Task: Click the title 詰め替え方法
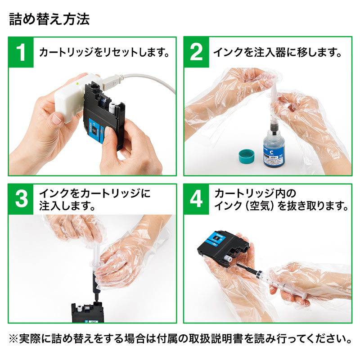point(49,20)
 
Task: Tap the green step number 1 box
point(22,53)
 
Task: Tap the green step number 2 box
point(197,53)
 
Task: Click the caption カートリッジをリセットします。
point(104,53)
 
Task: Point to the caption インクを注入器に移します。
point(278,53)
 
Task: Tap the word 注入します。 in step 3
point(67,207)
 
